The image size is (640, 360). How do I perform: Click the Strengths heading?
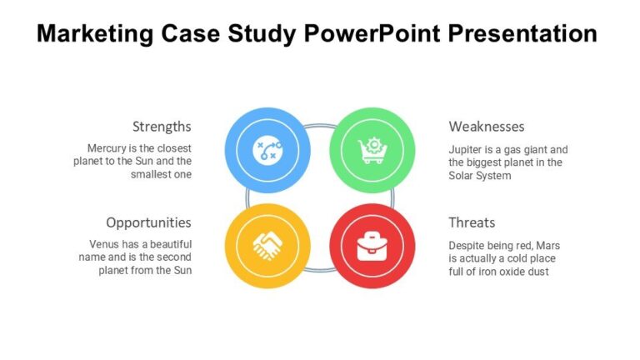coord(162,127)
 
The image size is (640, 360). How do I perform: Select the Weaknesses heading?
coord(487,127)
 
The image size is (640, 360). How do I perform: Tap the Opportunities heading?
coord(148,222)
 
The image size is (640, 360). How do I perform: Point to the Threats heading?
coord(472,222)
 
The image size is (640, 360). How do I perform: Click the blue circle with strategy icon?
coord(267,151)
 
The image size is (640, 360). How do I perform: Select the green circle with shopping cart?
coord(372,151)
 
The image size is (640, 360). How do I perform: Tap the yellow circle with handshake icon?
coord(267,246)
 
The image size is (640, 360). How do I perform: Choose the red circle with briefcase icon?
coord(372,246)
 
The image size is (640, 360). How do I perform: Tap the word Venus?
coord(107,245)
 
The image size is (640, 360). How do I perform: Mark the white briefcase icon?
coord(372,246)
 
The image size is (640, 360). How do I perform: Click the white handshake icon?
coord(267,246)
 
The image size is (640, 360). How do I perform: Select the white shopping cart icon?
coord(372,151)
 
